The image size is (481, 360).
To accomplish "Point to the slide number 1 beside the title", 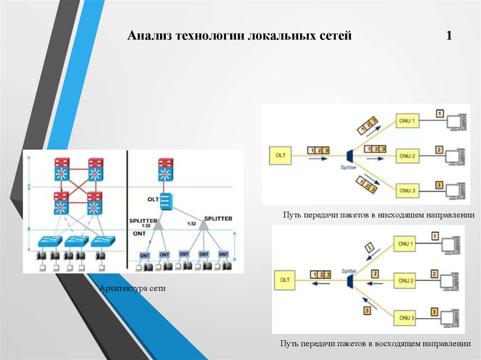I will click(449, 36).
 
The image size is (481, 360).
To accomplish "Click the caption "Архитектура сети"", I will click(132, 288).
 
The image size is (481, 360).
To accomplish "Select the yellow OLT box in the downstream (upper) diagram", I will click(280, 155).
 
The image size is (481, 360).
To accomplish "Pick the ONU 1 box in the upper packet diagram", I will click(407, 121).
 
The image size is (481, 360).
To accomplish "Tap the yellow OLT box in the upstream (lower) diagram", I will click(285, 280).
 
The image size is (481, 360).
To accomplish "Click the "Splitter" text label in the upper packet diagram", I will click(350, 167).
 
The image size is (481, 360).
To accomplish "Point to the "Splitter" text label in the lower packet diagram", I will click(349, 271).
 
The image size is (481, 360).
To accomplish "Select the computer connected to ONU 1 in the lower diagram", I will click(450, 245).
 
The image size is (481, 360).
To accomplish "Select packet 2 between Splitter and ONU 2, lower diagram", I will click(375, 273).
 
